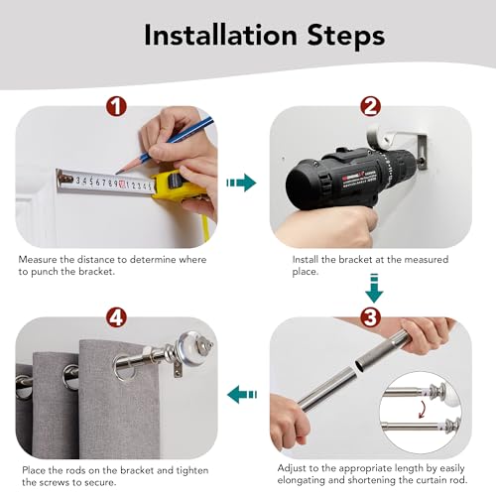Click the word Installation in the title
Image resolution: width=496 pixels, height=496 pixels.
click(x=220, y=35)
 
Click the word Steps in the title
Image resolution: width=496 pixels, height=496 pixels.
click(x=346, y=35)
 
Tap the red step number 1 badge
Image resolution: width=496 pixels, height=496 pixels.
click(x=116, y=106)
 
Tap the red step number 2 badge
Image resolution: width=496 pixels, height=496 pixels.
click(x=370, y=106)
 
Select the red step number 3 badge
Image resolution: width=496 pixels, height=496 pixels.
click(x=370, y=317)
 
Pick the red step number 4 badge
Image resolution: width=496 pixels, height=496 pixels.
click(x=116, y=317)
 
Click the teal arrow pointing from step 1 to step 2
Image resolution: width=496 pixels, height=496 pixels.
click(x=241, y=183)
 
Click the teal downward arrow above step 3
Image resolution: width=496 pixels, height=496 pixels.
click(x=374, y=289)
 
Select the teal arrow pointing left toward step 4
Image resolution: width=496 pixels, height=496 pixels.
click(x=242, y=394)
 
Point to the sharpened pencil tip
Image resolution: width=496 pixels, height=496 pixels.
click(x=116, y=173)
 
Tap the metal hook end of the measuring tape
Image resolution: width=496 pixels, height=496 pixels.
click(x=62, y=179)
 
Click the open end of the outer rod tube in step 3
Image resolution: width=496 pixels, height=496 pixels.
click(x=359, y=365)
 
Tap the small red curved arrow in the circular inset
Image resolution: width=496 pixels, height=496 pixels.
click(x=422, y=409)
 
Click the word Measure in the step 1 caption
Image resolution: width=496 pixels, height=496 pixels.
click(x=38, y=260)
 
